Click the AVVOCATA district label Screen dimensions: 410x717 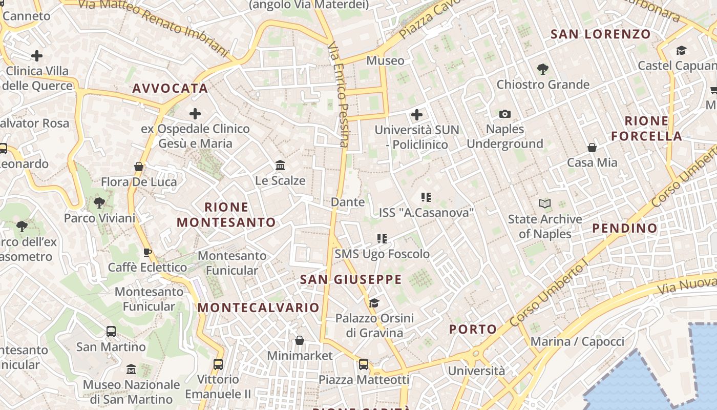pyautogui.click(x=170, y=88)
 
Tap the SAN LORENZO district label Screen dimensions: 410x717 pyautogui.click(x=600, y=34)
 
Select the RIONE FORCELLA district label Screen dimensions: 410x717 pyautogui.click(x=646, y=129)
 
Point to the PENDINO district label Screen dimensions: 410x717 pyautogui.click(x=625, y=228)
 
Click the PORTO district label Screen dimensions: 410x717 pyautogui.click(x=473, y=329)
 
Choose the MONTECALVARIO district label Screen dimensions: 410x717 pyautogui.click(x=259, y=307)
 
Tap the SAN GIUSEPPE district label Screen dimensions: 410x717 pyautogui.click(x=351, y=279)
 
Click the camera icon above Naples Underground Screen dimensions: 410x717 pyautogui.click(x=504, y=114)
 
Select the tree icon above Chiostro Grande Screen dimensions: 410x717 pyautogui.click(x=543, y=69)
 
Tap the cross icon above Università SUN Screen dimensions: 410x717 pyautogui.click(x=417, y=115)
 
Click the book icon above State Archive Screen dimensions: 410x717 pyautogui.click(x=545, y=204)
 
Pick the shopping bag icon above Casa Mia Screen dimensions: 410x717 pyautogui.click(x=592, y=148)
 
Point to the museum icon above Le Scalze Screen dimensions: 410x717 pyautogui.click(x=280, y=166)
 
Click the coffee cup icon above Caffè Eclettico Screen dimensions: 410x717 pyautogui.click(x=147, y=252)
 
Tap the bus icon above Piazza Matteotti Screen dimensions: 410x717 pyautogui.click(x=364, y=364)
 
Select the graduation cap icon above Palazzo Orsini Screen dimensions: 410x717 pyautogui.click(x=374, y=303)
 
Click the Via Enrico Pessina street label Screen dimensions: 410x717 pyautogui.click(x=338, y=95)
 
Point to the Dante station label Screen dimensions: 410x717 pyautogui.click(x=348, y=202)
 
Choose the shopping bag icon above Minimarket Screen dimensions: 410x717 pyautogui.click(x=300, y=340)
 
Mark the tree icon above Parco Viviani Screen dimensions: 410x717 pyautogui.click(x=99, y=203)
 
